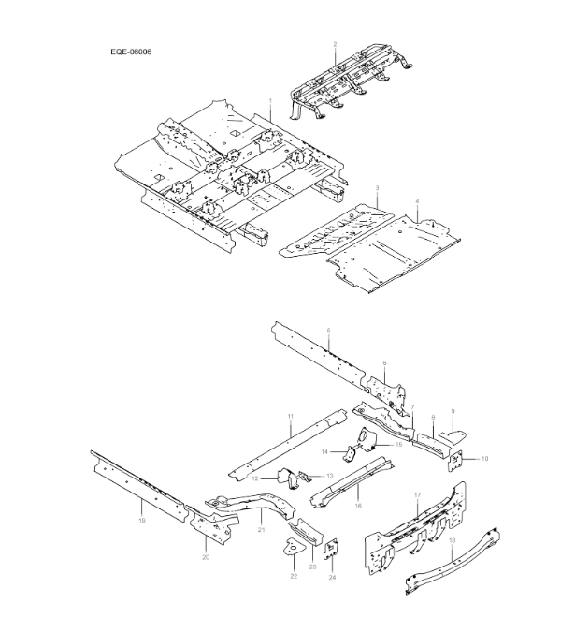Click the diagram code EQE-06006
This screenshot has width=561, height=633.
coord(131,52)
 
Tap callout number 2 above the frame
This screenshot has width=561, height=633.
coord(335,45)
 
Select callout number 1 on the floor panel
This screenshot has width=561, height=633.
coord(270,100)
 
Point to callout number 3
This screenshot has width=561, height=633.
coord(376,189)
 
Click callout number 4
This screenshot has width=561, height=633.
coord(417,203)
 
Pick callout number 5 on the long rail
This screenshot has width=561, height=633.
coord(329,331)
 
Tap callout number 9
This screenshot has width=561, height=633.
coord(453,411)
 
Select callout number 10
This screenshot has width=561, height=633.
coord(485,459)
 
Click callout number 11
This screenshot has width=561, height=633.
coord(291,415)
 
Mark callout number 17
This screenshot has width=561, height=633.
coord(418,493)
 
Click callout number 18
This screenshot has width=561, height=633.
coord(453,540)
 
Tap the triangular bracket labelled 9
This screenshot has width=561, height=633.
coord(455,432)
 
